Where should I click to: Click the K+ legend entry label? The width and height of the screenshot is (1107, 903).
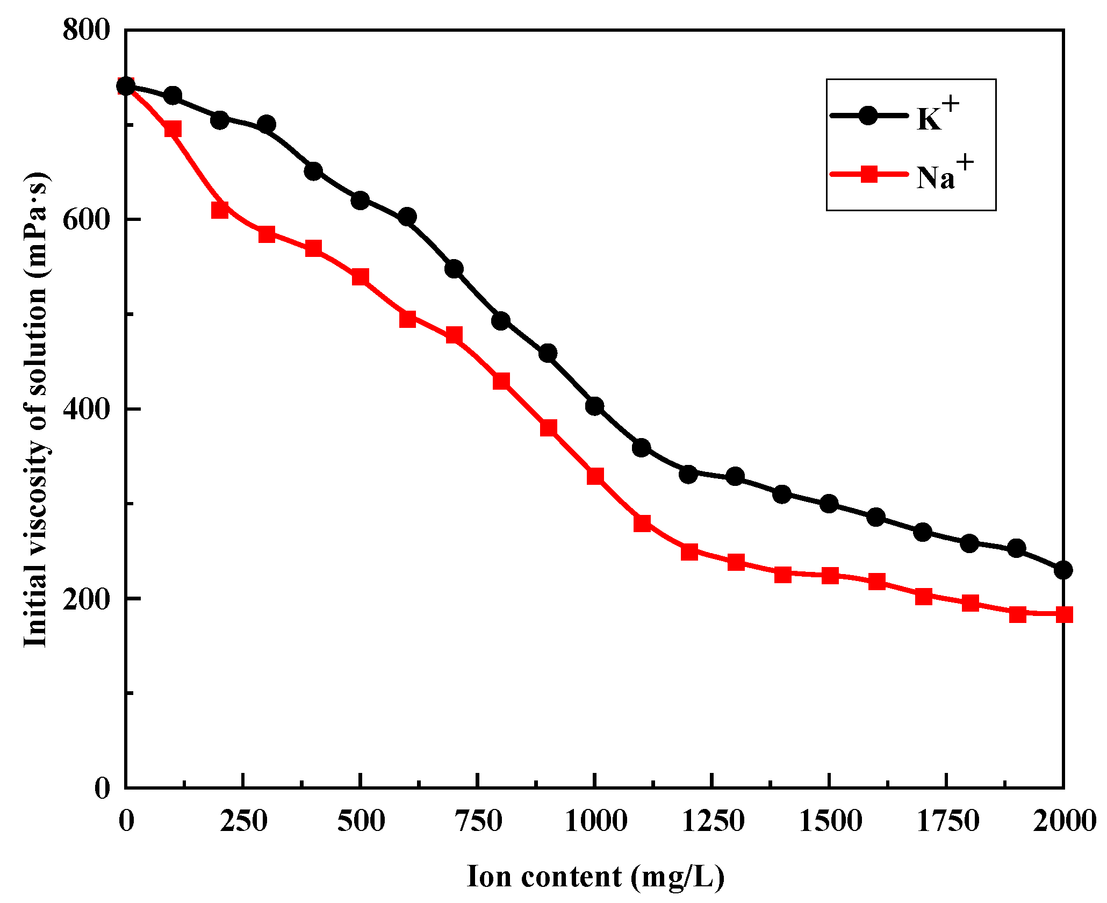pyautogui.click(x=937, y=116)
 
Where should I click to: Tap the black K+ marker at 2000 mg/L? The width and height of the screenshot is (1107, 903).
pyautogui.click(x=1063, y=570)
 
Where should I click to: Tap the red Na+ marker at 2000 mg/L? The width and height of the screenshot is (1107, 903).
pyautogui.click(x=1064, y=614)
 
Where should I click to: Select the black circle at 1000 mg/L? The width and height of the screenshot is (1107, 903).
pyautogui.click(x=594, y=406)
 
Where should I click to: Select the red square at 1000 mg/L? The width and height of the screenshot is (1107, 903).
pyautogui.click(x=595, y=476)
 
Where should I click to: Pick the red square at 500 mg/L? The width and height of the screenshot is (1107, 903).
pyautogui.click(x=360, y=277)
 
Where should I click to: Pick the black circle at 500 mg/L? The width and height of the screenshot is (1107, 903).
pyautogui.click(x=360, y=201)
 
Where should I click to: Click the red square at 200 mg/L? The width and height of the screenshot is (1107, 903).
pyautogui.click(x=220, y=210)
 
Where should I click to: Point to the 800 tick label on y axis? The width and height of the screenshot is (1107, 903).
pyautogui.click(x=86, y=30)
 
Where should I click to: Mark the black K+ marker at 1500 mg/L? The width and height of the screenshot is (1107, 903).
pyautogui.click(x=829, y=504)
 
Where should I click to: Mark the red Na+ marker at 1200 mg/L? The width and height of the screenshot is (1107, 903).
pyautogui.click(x=689, y=552)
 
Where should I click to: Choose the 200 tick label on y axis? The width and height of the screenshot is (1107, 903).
pyautogui.click(x=86, y=599)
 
